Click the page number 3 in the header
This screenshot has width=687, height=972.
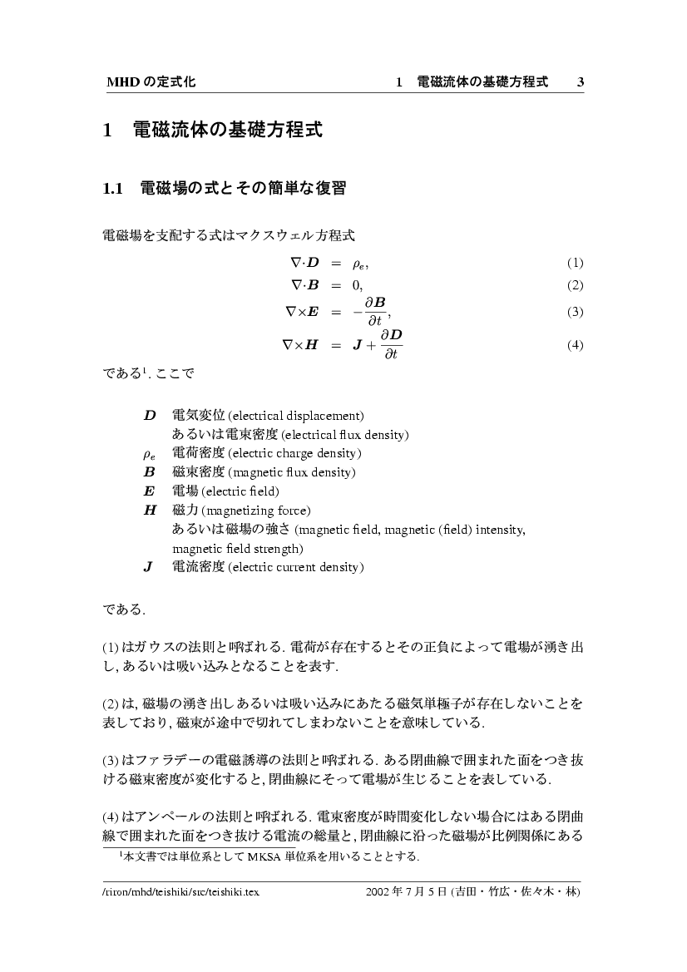pos(581,82)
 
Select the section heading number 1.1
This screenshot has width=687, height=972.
pos(113,189)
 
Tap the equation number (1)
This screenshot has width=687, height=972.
pos(575,264)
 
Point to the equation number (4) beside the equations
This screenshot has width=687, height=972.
pos(575,346)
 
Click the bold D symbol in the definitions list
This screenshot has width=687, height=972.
pos(150,415)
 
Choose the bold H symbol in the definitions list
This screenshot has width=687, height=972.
pos(150,511)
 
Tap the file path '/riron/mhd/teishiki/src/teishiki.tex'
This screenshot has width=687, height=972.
pos(181,891)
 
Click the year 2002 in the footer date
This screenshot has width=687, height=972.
pos(380,891)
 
